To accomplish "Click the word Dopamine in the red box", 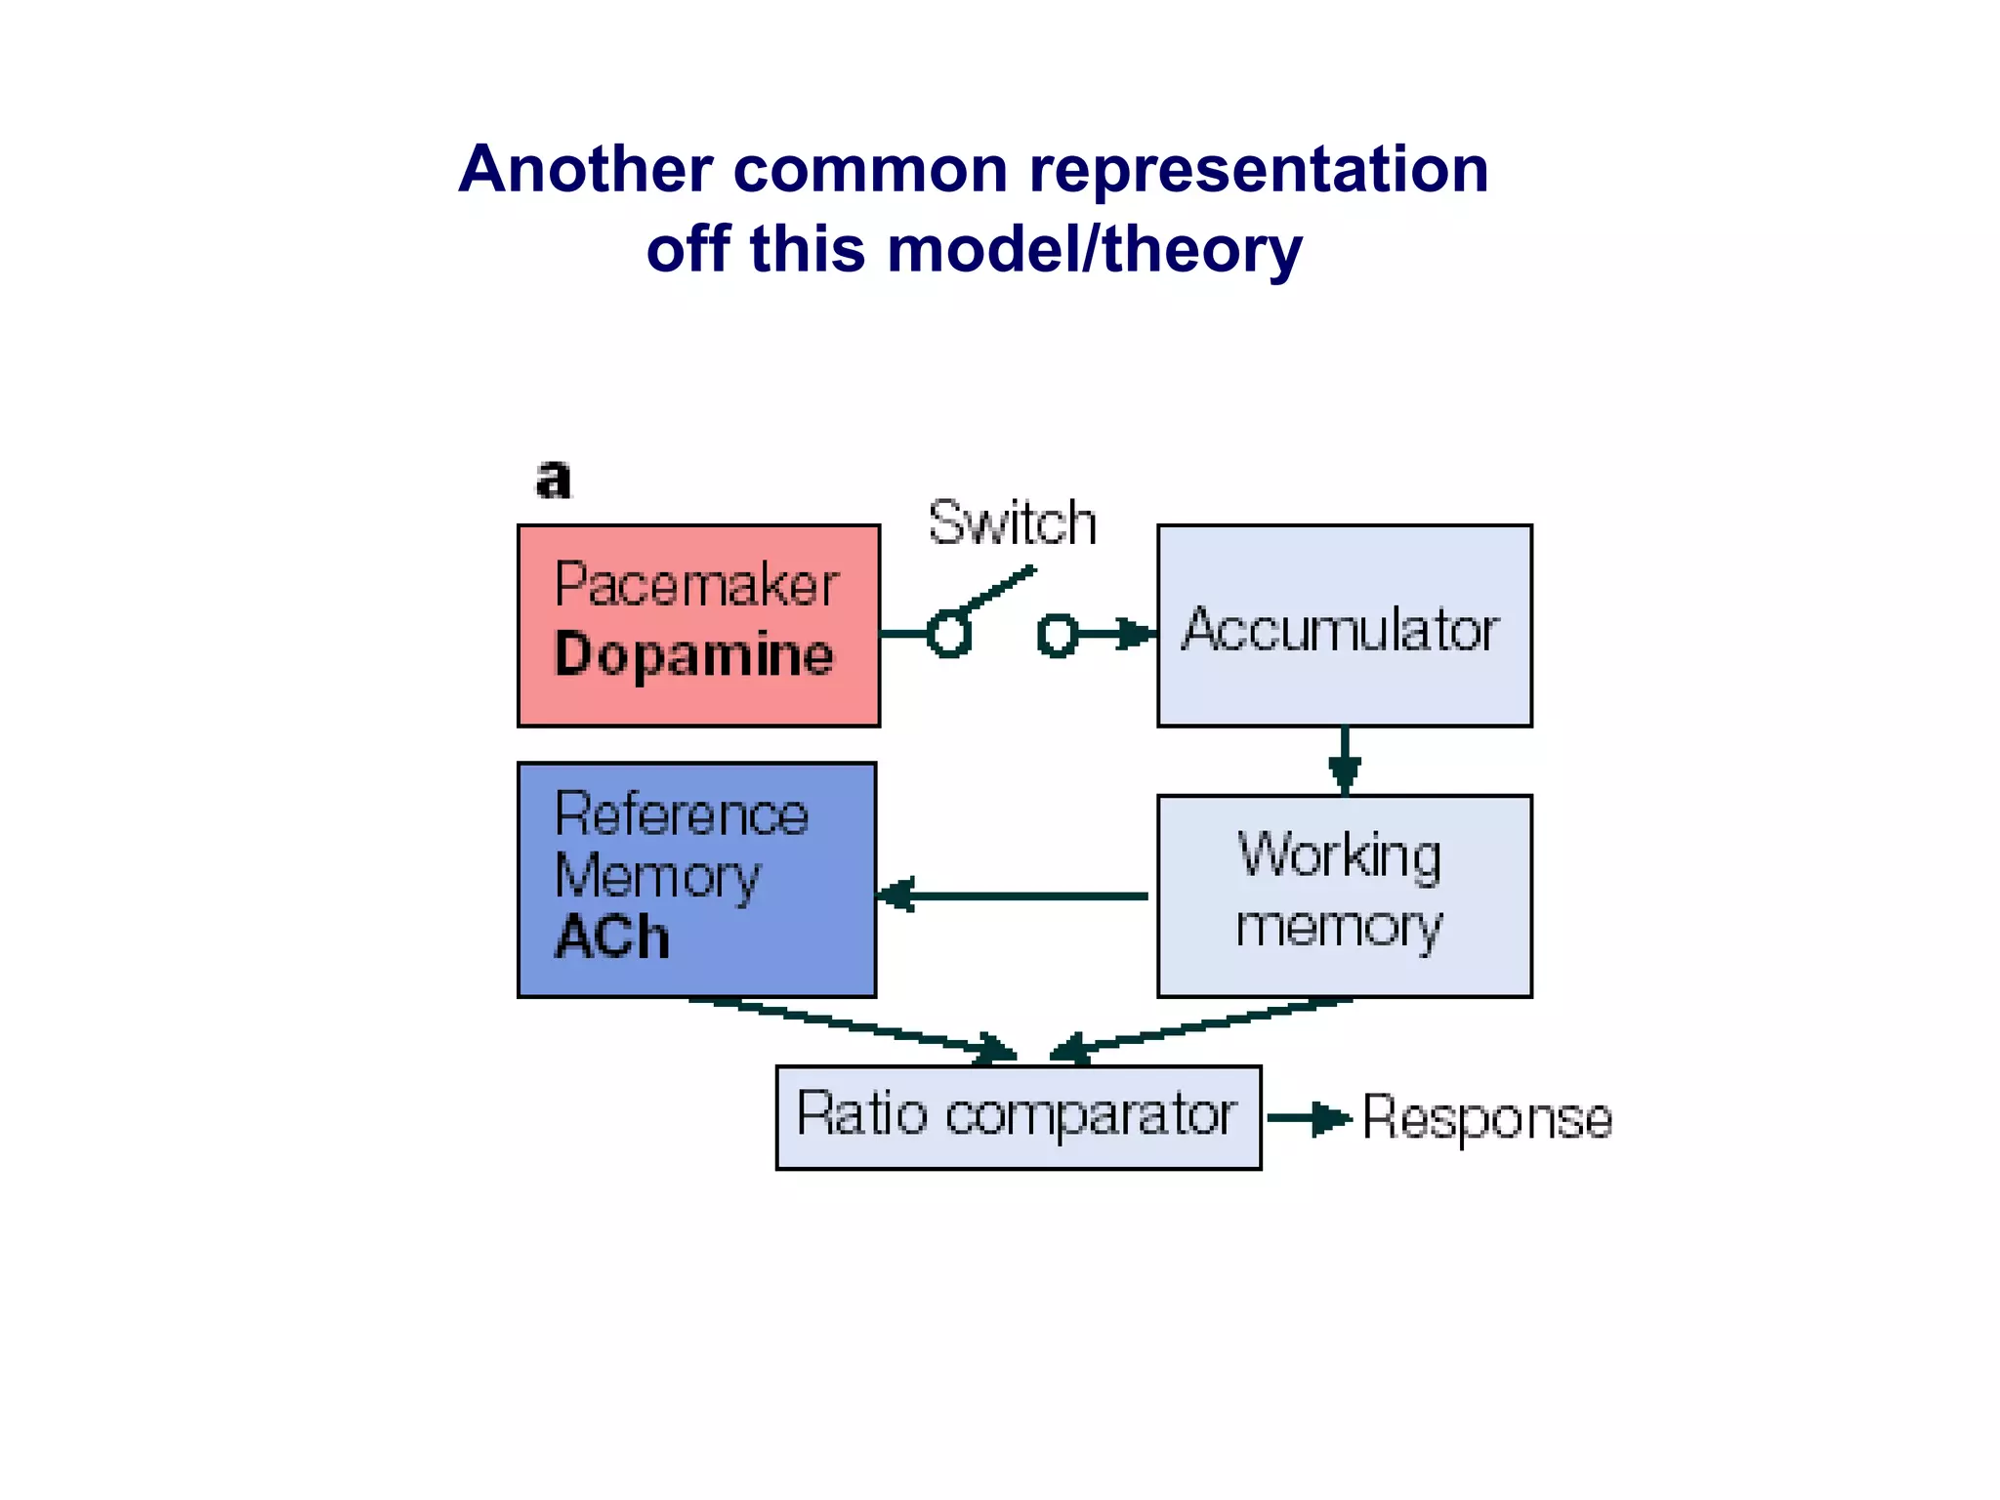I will point(694,655).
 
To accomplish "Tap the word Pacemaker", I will point(696,586).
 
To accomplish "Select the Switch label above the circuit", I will point(1012,523).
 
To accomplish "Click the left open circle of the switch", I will point(948,635).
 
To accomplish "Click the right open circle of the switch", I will point(1058,635).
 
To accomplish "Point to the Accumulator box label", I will point(1341,630).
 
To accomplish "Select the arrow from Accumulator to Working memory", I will point(1345,762).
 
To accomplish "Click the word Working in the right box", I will point(1339,855).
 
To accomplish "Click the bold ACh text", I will point(612,937).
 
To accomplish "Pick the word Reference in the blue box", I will point(681,814).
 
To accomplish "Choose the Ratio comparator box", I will point(1017,1116).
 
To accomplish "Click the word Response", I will point(1486,1118).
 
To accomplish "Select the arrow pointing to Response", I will point(1309,1118).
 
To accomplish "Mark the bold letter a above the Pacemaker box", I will point(553,479).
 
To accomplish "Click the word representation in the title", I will point(1259,170).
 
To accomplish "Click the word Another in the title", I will point(585,170).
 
